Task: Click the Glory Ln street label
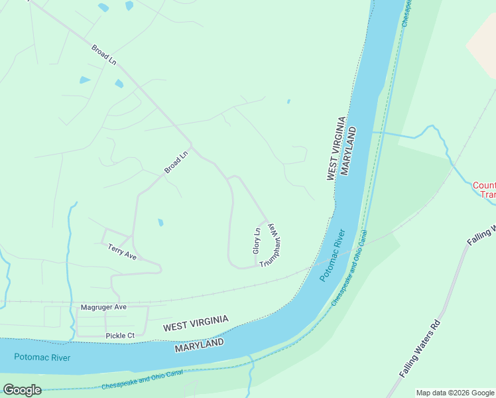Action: point(257,240)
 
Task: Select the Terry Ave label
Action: point(122,251)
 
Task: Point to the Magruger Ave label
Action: point(103,307)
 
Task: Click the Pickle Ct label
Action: point(120,336)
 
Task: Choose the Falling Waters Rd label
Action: point(420,349)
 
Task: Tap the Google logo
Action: point(22,390)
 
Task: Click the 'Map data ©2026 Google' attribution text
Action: point(455,393)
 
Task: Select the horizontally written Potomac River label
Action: point(41,357)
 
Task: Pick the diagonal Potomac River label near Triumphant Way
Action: point(333,255)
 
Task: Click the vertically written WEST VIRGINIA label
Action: point(336,149)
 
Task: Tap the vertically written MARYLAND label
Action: point(349,151)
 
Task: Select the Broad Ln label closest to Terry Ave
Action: point(176,163)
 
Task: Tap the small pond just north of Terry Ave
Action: point(160,222)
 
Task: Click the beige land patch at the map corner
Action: point(483,43)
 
